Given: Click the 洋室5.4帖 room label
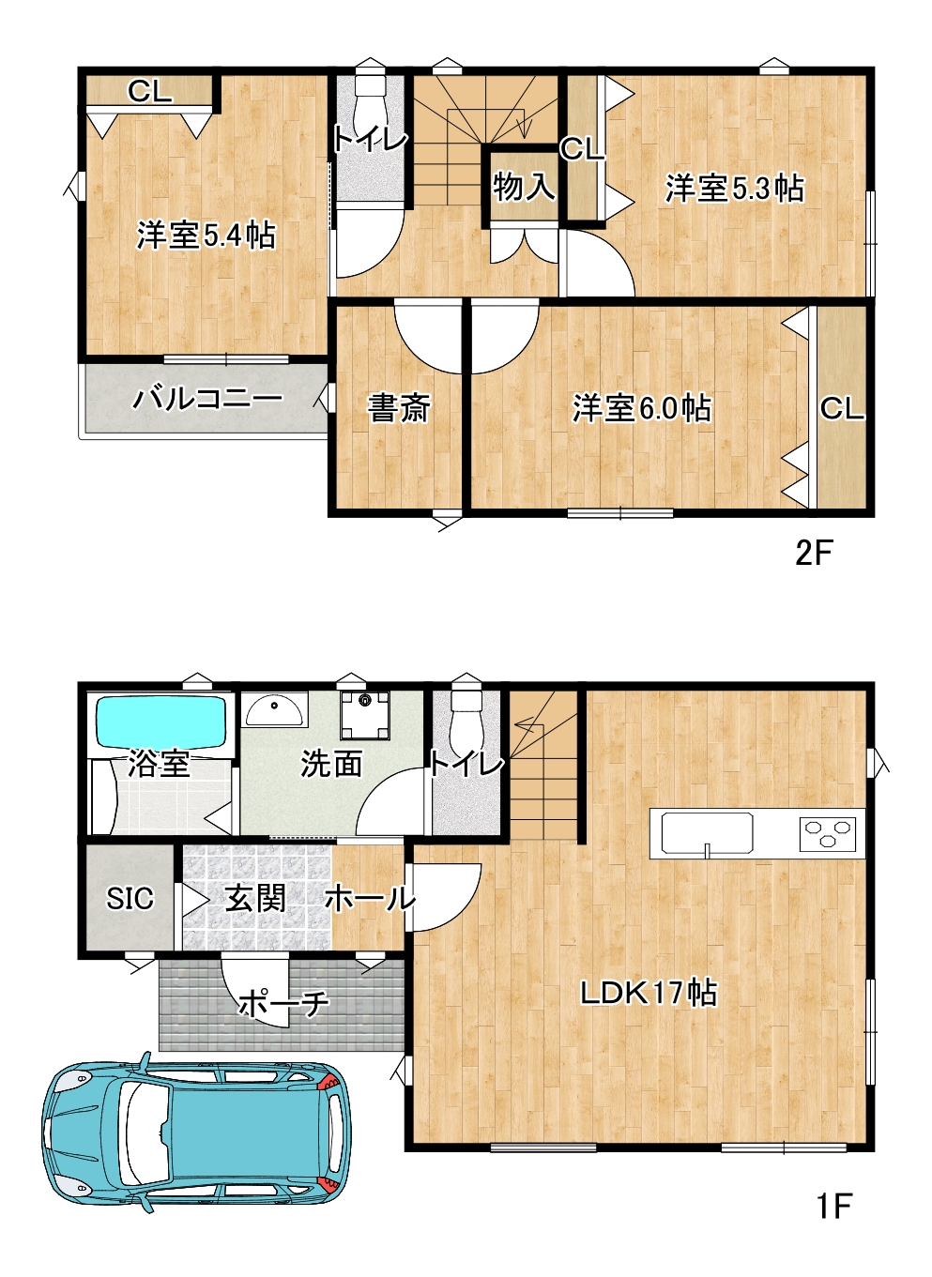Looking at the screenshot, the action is pyautogui.click(x=206, y=236).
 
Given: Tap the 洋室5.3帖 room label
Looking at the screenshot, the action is pyautogui.click(x=735, y=189).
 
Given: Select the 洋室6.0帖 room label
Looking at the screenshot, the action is pyautogui.click(x=642, y=408).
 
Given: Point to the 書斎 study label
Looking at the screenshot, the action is pyautogui.click(x=398, y=408).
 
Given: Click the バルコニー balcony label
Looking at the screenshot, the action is pyautogui.click(x=207, y=399).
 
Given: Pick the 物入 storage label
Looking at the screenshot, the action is pyautogui.click(x=524, y=187).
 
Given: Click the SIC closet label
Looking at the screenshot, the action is pyautogui.click(x=130, y=898).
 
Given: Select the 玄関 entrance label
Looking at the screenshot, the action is pyautogui.click(x=255, y=899).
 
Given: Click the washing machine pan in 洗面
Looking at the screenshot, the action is pyautogui.click(x=365, y=715).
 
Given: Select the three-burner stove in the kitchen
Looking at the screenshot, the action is pyautogui.click(x=827, y=834).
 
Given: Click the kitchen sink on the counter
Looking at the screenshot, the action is pyautogui.click(x=707, y=833).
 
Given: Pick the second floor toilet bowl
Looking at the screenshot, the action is pyautogui.click(x=371, y=101).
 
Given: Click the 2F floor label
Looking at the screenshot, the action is pyautogui.click(x=815, y=554).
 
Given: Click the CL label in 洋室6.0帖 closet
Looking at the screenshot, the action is pyautogui.click(x=842, y=409).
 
